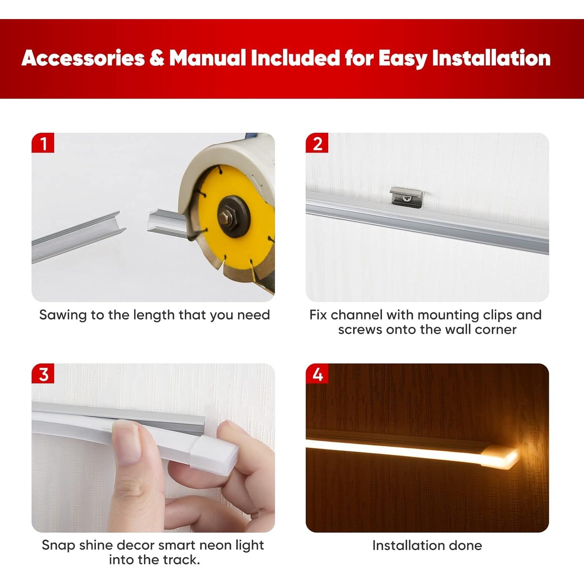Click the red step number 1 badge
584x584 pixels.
43,143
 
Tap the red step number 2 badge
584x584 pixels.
317,143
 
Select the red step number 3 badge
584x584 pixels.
43,374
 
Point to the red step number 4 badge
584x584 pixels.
317,374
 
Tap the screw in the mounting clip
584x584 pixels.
408,198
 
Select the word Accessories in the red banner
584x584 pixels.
83,58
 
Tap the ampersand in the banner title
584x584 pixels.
157,58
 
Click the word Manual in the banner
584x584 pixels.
208,58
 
